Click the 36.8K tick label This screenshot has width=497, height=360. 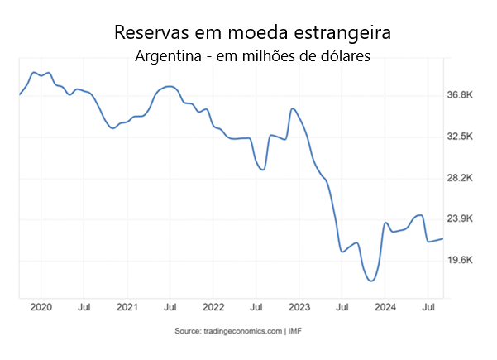(x=460, y=94)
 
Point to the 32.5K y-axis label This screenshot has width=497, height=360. (x=460, y=137)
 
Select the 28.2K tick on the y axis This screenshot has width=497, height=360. (x=460, y=178)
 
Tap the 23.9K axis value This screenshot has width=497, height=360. (x=460, y=218)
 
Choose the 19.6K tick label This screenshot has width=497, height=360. (x=460, y=260)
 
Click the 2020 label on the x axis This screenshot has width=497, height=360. (x=41, y=307)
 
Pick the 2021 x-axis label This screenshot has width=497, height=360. (x=127, y=307)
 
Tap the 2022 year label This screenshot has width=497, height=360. (x=213, y=307)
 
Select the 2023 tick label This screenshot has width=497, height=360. (x=299, y=307)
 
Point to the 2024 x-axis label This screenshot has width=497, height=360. (x=385, y=307)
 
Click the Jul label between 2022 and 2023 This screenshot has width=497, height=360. (x=256, y=307)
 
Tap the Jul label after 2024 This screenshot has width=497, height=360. (x=428, y=307)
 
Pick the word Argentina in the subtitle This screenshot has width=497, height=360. (x=169, y=56)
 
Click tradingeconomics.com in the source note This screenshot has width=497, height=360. (x=243, y=331)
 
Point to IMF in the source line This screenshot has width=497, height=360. (x=295, y=331)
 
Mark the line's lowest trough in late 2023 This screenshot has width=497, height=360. (x=371, y=281)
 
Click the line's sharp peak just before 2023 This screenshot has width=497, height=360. (x=293, y=108)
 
